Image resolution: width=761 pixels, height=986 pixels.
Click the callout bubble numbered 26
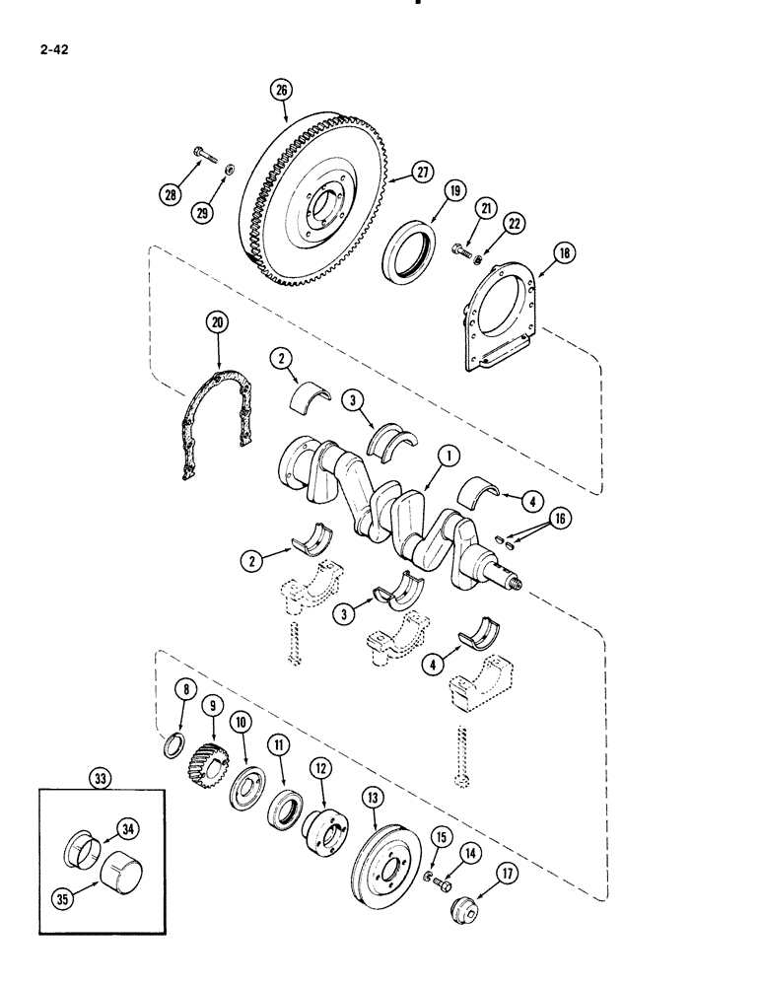tap(282, 92)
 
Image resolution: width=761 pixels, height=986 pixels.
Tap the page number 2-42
tap(57, 44)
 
